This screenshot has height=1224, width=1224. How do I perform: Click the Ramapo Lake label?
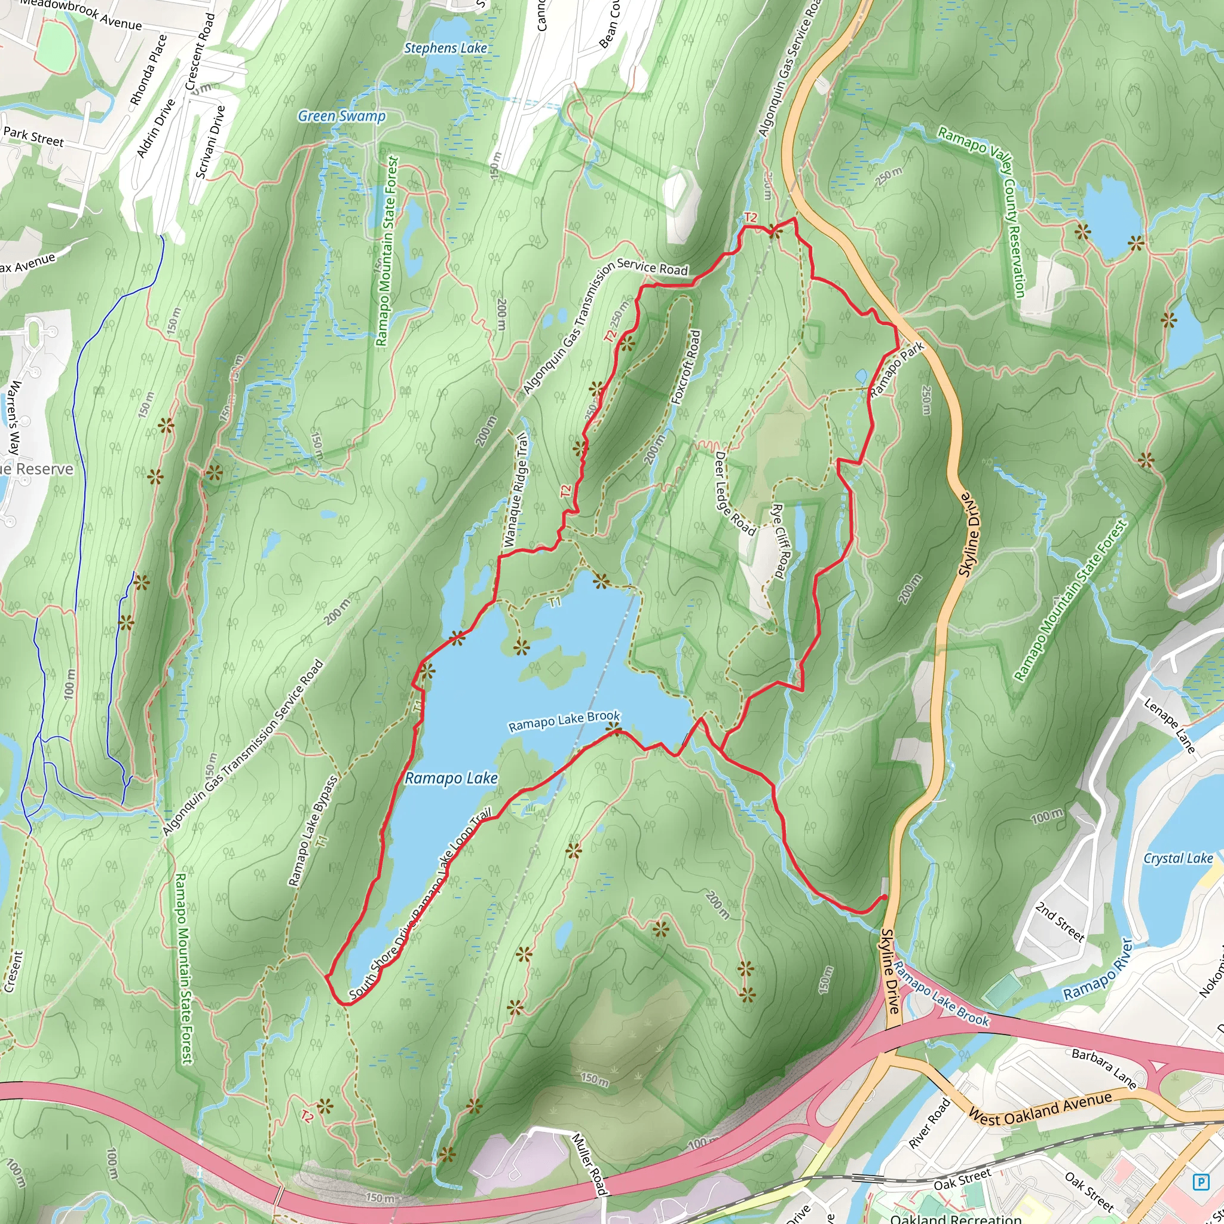[451, 778]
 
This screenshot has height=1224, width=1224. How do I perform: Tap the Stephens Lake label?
[445, 48]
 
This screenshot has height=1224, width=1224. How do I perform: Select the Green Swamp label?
[341, 116]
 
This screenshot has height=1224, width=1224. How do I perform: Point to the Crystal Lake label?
[1178, 858]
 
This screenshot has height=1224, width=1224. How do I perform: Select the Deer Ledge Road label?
[735, 494]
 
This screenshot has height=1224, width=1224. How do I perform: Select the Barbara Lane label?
[1104, 1069]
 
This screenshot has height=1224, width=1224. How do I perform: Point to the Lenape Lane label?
[1169, 726]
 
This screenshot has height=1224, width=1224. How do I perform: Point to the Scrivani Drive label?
[210, 142]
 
